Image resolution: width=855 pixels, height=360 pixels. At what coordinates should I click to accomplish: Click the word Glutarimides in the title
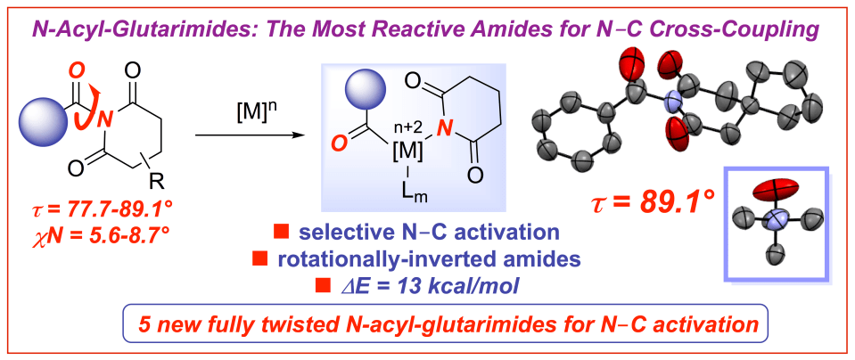[184, 30]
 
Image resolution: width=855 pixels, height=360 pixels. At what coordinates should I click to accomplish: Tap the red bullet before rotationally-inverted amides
[260, 259]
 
